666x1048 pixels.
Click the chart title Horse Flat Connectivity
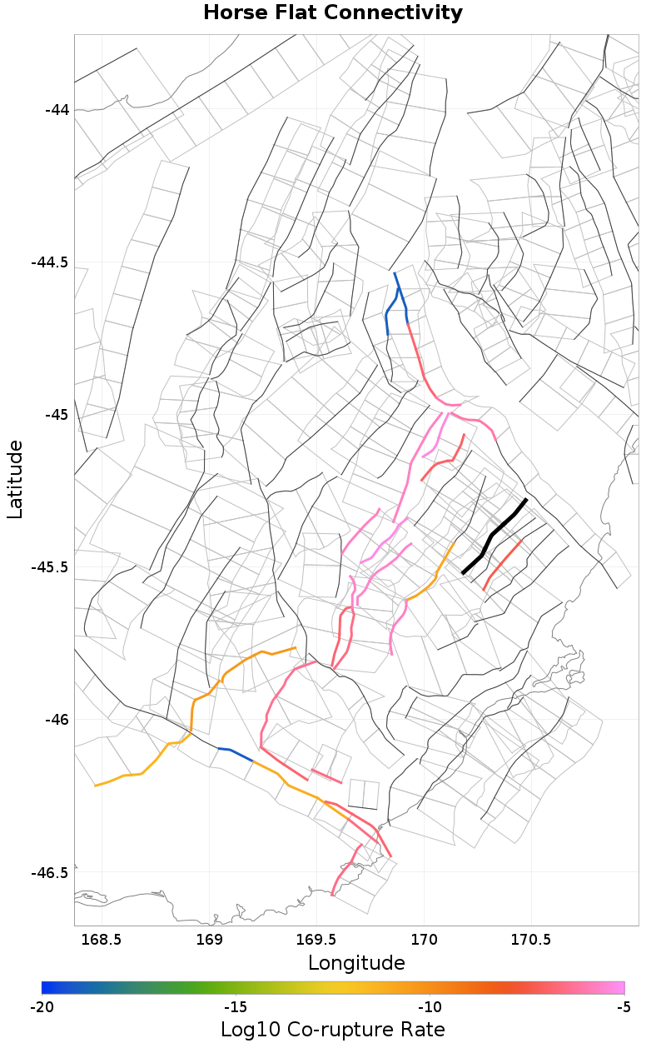tap(333, 13)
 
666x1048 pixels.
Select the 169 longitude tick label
tap(209, 940)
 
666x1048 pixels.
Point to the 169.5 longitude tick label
tap(317, 940)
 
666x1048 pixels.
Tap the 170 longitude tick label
tap(425, 940)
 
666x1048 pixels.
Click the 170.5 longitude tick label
tap(532, 940)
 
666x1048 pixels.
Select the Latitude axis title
tap(15, 480)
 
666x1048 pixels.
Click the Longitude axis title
tap(356, 964)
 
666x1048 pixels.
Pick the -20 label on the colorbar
tap(42, 1007)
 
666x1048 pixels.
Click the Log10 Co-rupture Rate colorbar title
tap(333, 1030)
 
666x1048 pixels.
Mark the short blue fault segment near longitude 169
tap(236, 754)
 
